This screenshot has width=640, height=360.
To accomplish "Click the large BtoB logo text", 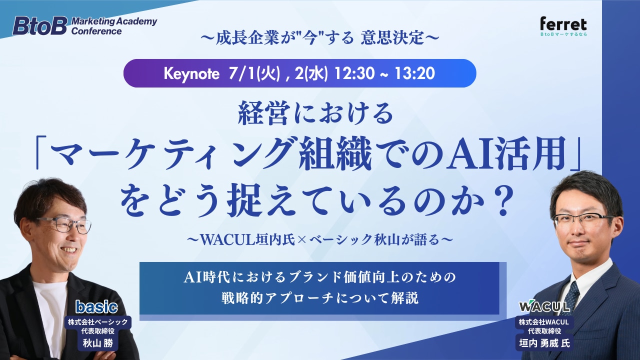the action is (x=39, y=25).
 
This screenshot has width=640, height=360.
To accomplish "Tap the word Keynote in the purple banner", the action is (x=191, y=73).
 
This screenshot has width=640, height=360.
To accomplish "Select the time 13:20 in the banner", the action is (x=415, y=73).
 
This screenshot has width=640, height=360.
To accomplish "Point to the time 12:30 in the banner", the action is (x=354, y=73).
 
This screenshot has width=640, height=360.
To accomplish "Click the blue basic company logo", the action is (x=96, y=307).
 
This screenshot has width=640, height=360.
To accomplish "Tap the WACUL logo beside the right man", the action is (x=544, y=306).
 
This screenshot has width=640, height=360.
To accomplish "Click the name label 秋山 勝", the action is (x=97, y=343).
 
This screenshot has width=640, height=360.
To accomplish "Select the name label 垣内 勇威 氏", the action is (x=544, y=343).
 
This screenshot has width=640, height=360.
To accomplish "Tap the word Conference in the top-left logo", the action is (x=96, y=31).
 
